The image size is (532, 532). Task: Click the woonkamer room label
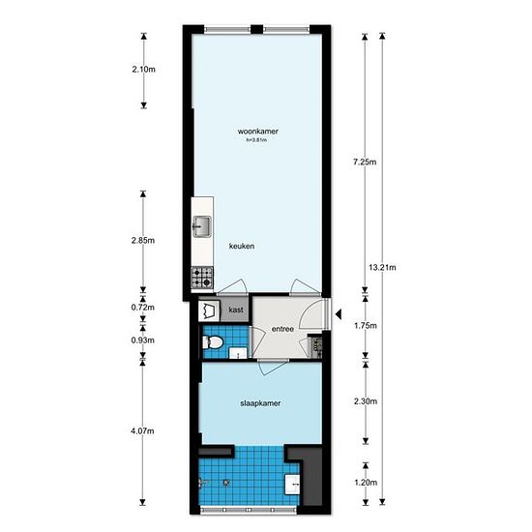point(258,132)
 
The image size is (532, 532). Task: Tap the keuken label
point(242,246)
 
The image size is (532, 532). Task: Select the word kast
point(236,310)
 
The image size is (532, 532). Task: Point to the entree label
point(282,329)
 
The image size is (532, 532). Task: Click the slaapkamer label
point(260,403)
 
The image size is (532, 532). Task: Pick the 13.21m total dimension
point(382,267)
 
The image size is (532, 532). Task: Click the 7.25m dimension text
point(365,162)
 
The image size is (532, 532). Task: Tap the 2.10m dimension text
point(144,70)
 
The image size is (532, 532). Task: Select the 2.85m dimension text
point(143,241)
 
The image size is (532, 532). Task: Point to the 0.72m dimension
point(143,308)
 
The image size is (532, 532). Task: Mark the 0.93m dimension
point(143,340)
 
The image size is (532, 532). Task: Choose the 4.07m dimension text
point(142,431)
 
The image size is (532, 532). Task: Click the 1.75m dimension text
point(366,326)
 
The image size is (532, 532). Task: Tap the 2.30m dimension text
point(366,401)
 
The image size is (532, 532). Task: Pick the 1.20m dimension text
point(366,483)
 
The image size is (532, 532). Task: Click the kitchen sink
point(202,226)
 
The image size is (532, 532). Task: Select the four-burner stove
point(202,278)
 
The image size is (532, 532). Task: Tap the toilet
point(213,342)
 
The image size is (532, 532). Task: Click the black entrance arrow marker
point(339,314)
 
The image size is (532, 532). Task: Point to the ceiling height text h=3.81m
point(256,140)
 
